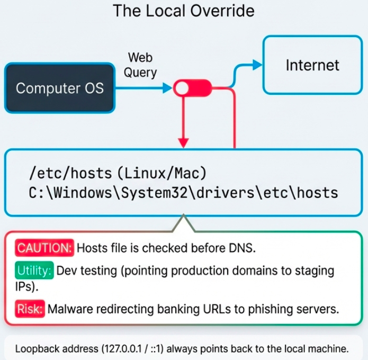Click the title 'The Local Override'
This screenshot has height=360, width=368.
pyautogui.click(x=184, y=11)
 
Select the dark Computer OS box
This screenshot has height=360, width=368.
pyautogui.click(x=60, y=88)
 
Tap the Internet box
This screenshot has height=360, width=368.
pyautogui.click(x=312, y=65)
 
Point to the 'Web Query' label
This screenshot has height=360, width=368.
pyautogui.click(x=141, y=65)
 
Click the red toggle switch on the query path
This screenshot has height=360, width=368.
pyautogui.click(x=193, y=88)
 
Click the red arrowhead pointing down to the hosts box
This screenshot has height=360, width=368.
pyautogui.click(x=183, y=142)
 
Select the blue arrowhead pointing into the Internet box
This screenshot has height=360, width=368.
pyautogui.click(x=257, y=65)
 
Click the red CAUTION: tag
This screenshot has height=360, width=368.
pyautogui.click(x=44, y=247)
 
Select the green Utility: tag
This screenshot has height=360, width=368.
pyautogui.click(x=34, y=271)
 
